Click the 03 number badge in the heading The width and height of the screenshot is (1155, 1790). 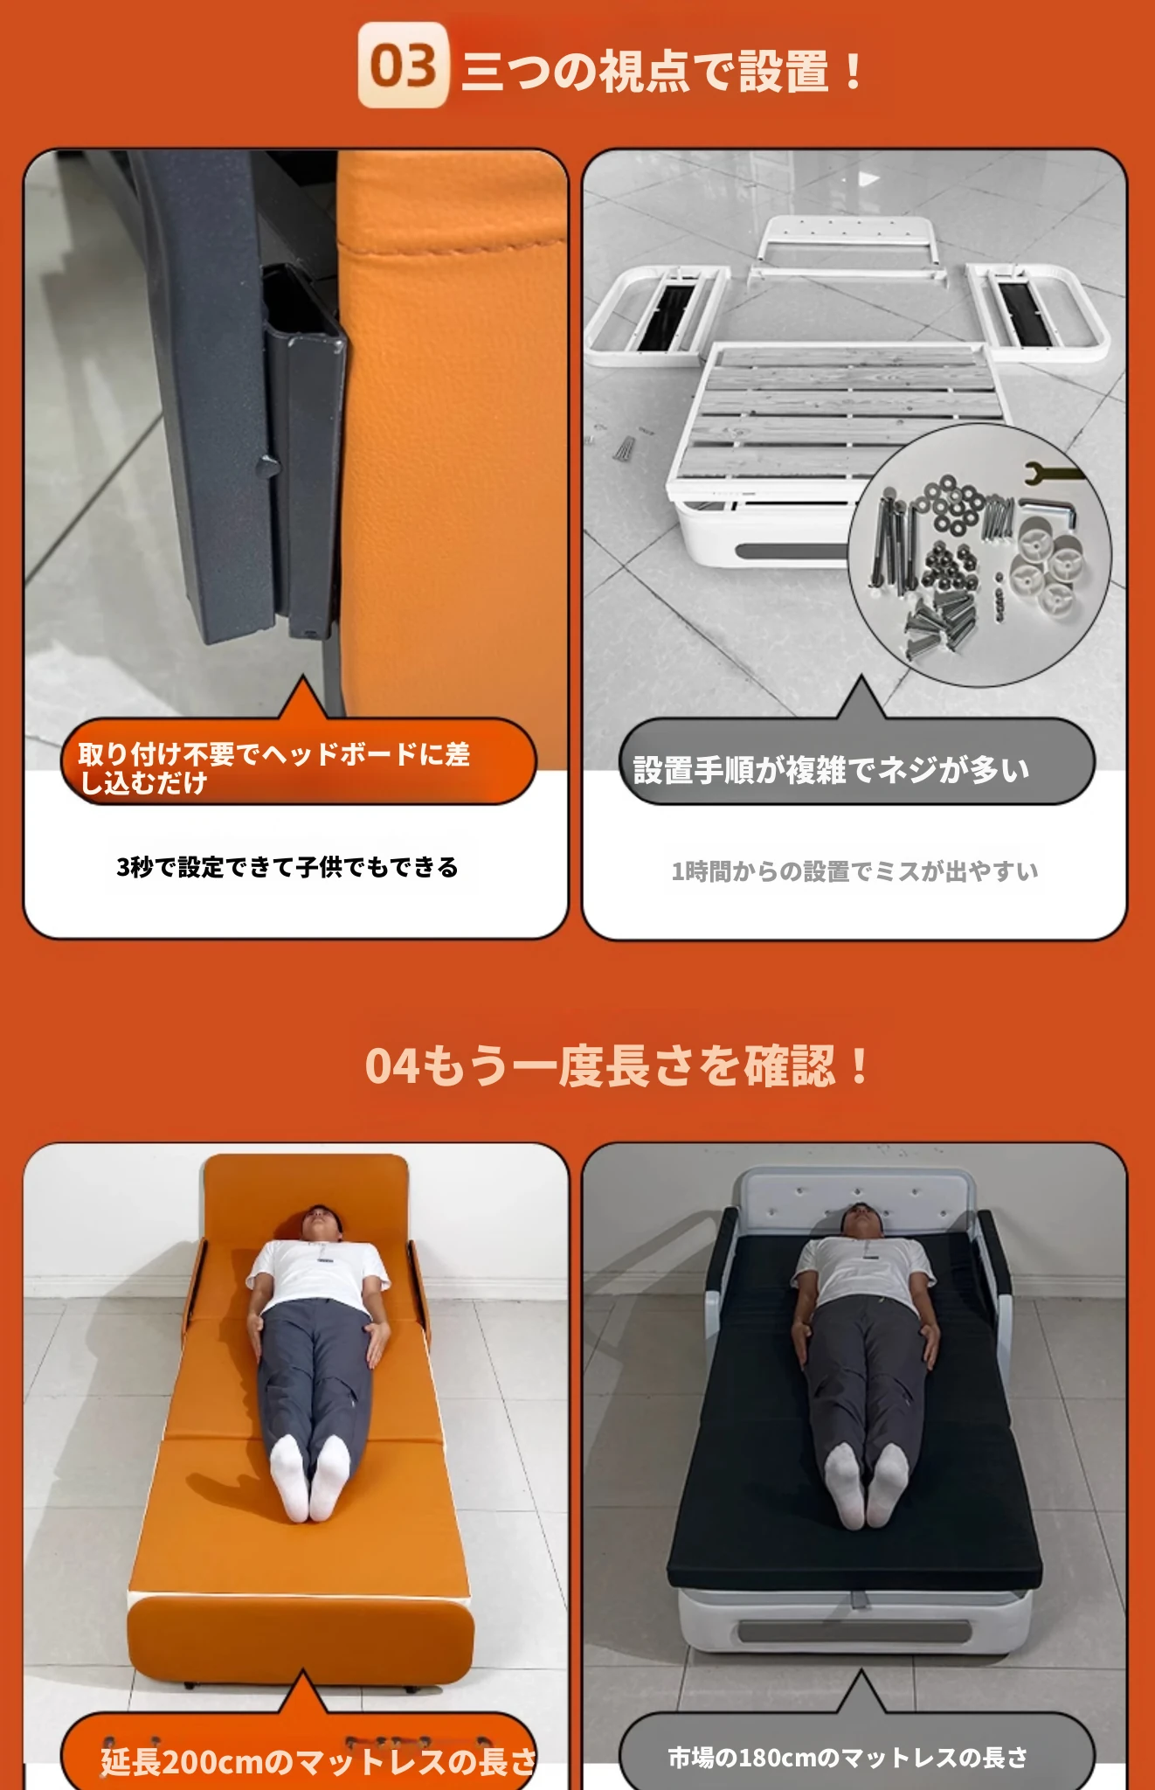pyautogui.click(x=403, y=66)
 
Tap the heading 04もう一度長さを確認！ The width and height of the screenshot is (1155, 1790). pyautogui.click(x=617, y=1065)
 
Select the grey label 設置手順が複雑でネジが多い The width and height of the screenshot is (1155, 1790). pyautogui.click(x=831, y=770)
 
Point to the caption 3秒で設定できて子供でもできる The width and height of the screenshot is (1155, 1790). pyautogui.click(x=287, y=867)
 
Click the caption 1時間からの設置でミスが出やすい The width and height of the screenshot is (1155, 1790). pyautogui.click(x=854, y=871)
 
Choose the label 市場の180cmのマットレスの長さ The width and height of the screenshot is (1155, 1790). pyautogui.click(x=847, y=1757)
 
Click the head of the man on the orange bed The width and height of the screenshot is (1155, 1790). pyautogui.click(x=322, y=1223)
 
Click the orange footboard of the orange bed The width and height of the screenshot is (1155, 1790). pyautogui.click(x=301, y=1637)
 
